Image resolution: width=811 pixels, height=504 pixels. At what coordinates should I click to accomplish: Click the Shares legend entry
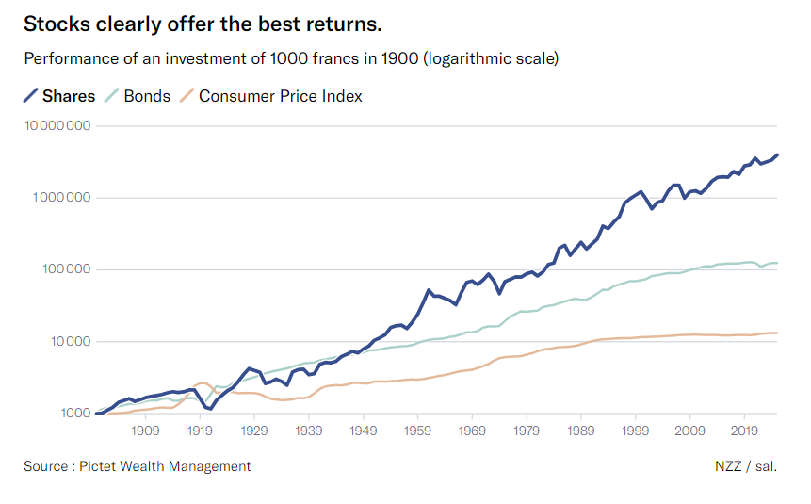[69, 96]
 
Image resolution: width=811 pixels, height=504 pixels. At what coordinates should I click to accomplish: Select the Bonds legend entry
[146, 96]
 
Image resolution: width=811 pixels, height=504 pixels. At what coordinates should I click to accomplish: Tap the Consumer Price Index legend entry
[280, 96]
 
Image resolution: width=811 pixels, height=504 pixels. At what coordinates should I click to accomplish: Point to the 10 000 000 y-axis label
[57, 126]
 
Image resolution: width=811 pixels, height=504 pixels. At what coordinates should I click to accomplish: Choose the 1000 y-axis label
[72, 413]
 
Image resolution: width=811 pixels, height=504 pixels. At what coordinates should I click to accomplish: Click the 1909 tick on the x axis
[144, 431]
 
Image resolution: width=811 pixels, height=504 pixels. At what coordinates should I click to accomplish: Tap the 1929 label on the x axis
[253, 431]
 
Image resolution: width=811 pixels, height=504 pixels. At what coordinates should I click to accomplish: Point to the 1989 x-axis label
[581, 431]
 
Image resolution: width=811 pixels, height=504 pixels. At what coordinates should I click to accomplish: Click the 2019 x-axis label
[745, 431]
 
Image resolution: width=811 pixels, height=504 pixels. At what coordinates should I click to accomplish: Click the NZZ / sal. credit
[746, 466]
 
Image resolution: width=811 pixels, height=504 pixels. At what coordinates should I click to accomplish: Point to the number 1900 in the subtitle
[398, 59]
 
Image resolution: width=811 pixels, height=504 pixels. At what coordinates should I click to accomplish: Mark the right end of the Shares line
[777, 154]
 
